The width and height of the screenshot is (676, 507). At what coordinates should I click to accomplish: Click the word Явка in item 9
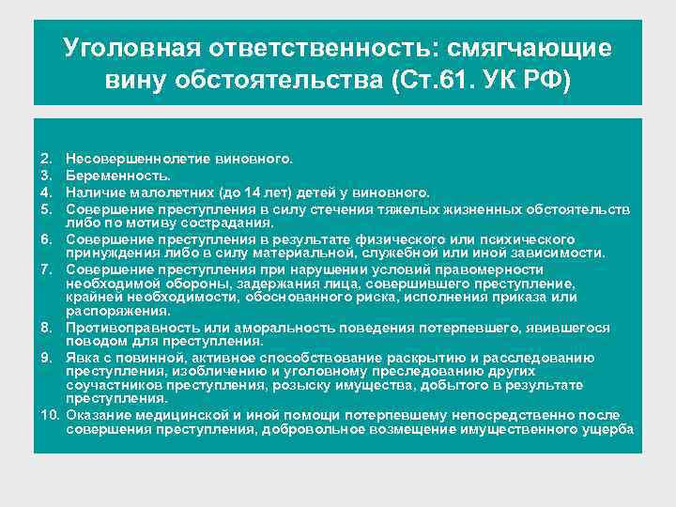(x=83, y=358)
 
